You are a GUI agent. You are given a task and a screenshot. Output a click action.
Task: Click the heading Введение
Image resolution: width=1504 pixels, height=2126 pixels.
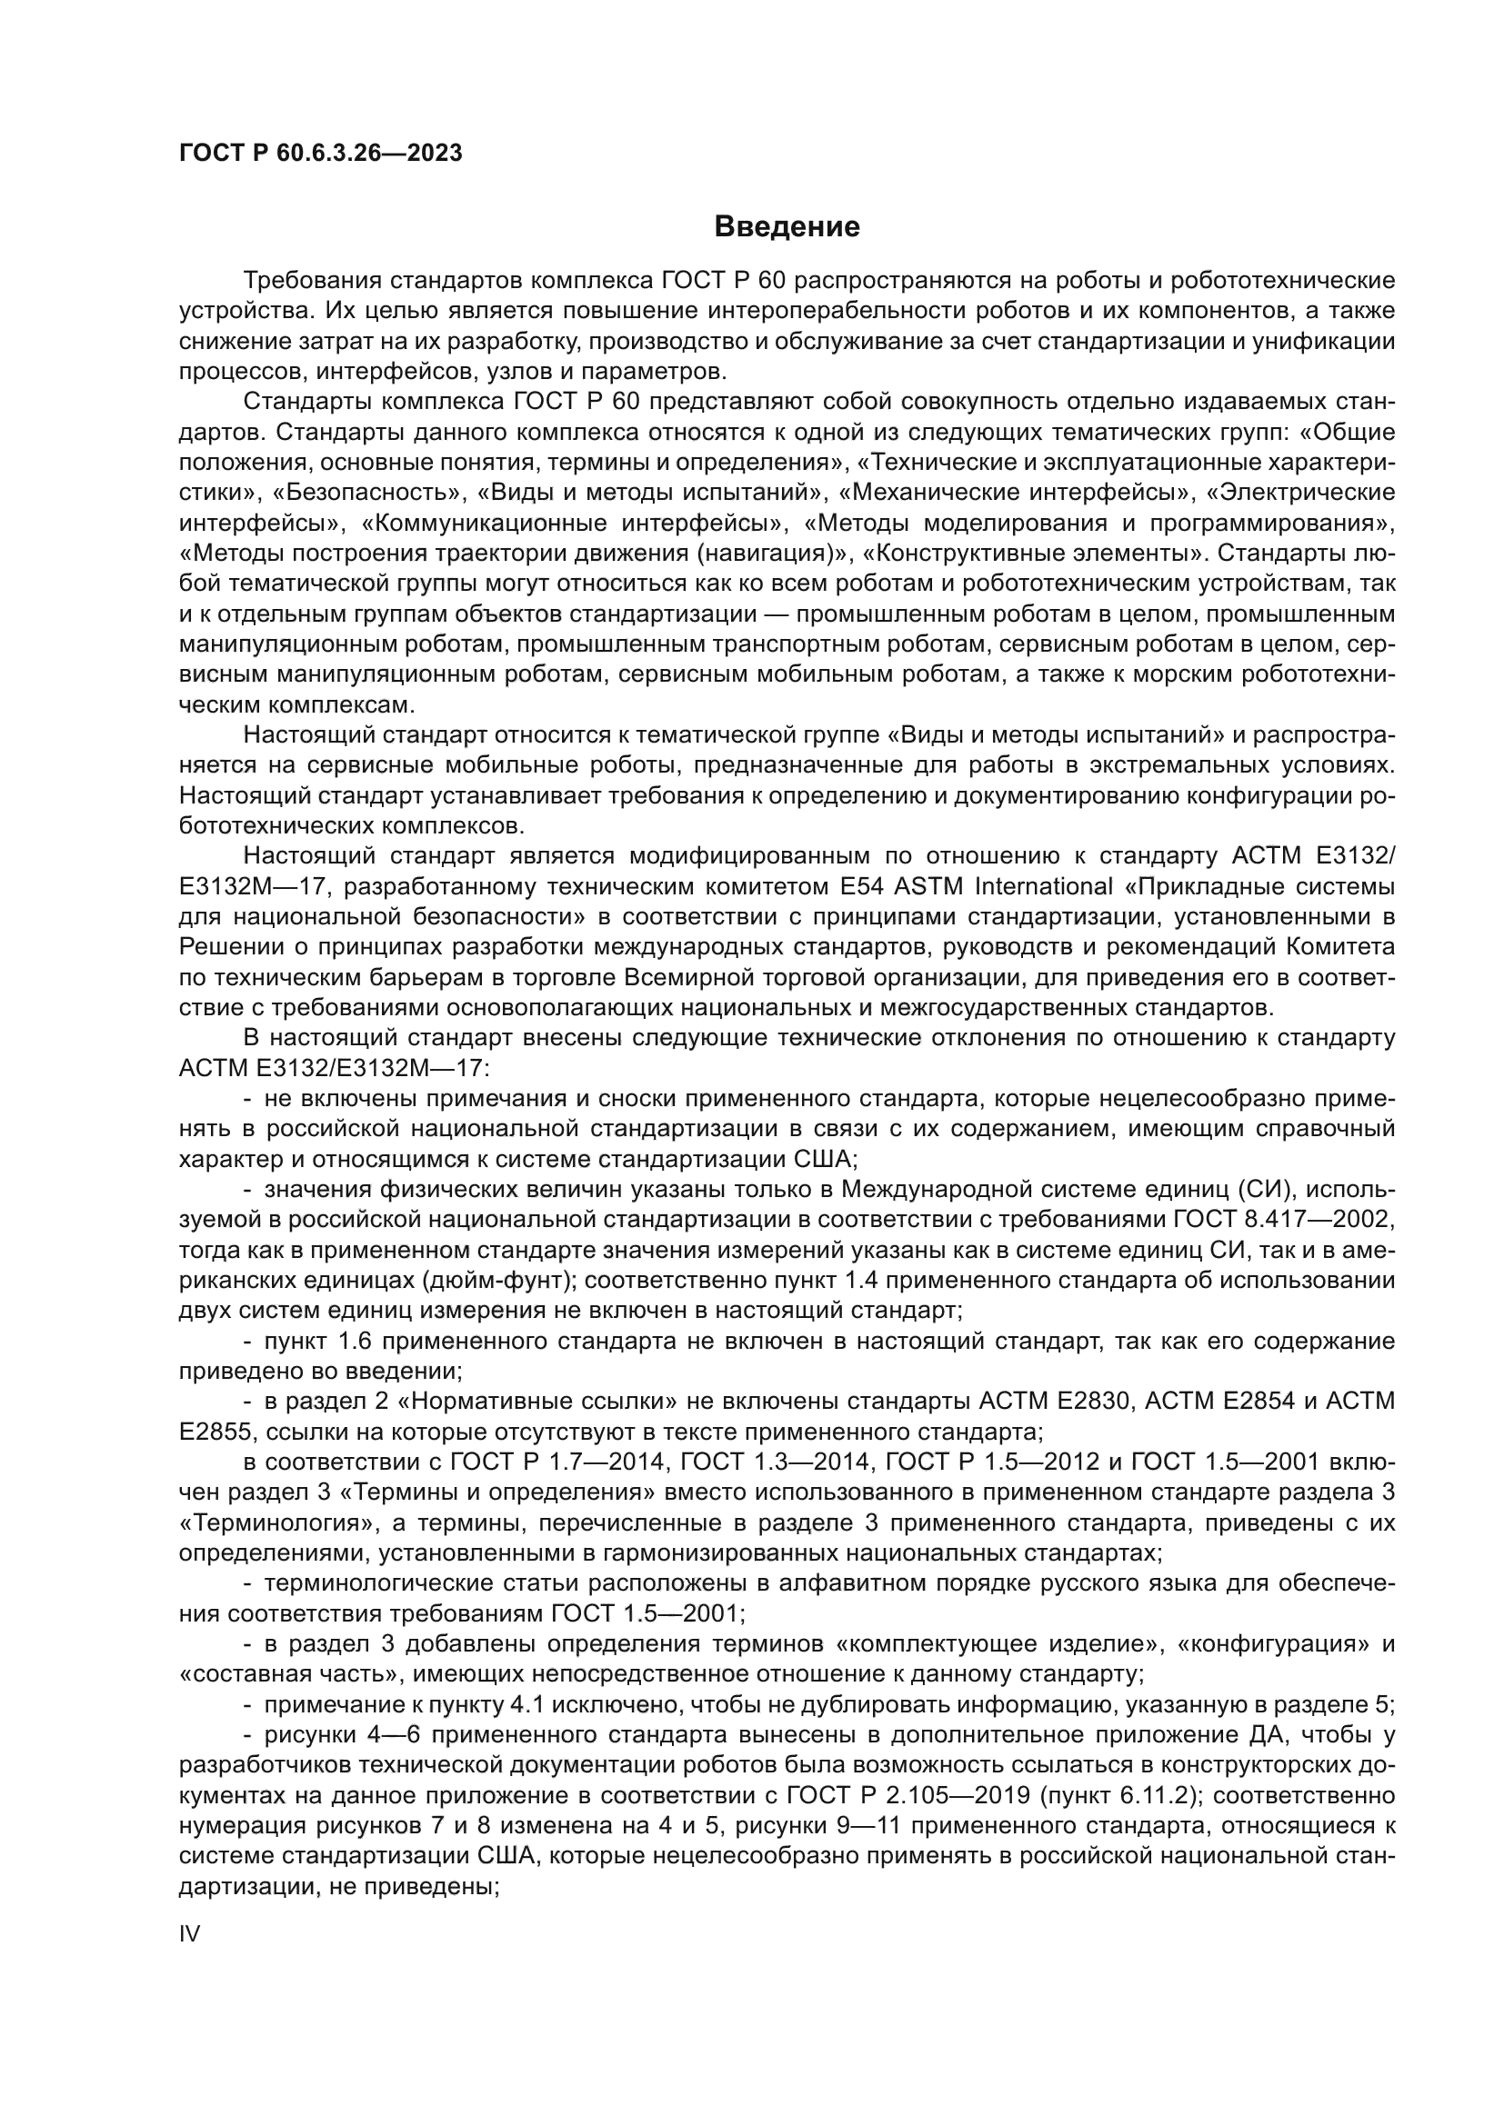(x=787, y=227)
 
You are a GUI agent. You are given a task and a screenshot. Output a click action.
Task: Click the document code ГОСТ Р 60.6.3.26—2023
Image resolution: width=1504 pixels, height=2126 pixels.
(x=320, y=154)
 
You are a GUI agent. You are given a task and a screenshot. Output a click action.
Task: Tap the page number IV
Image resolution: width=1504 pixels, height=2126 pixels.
(x=189, y=1932)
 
